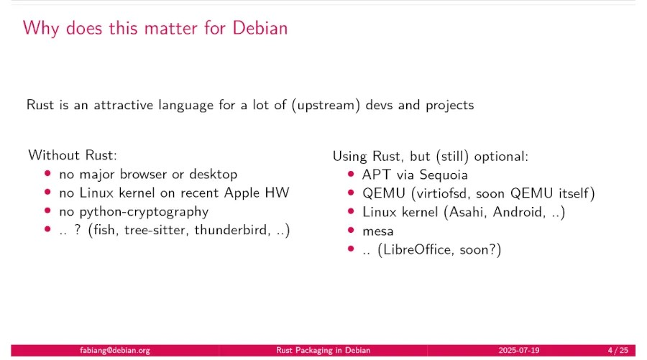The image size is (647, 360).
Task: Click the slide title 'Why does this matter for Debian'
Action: (x=155, y=28)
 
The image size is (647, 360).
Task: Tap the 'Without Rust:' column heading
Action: (x=72, y=155)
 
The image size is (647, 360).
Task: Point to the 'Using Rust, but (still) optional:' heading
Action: (x=430, y=155)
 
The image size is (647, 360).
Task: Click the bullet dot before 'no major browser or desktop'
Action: (x=48, y=174)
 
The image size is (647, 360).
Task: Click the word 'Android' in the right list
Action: (x=518, y=211)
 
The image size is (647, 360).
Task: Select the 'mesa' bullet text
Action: (x=377, y=231)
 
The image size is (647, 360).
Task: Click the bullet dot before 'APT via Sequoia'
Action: (x=351, y=174)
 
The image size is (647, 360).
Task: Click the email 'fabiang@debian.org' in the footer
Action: (x=115, y=351)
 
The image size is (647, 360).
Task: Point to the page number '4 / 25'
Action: (x=618, y=351)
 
